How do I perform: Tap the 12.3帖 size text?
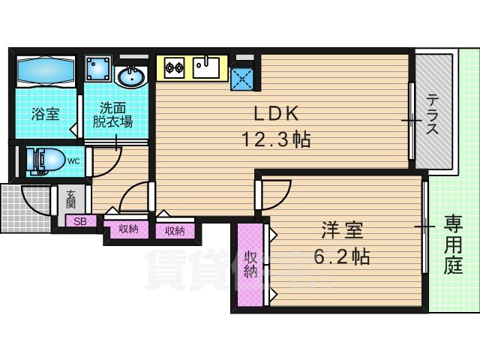coord(276,139)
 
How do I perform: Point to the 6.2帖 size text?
coord(340,257)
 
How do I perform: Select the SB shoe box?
coord(80,221)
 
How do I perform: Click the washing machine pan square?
coord(98,70)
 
